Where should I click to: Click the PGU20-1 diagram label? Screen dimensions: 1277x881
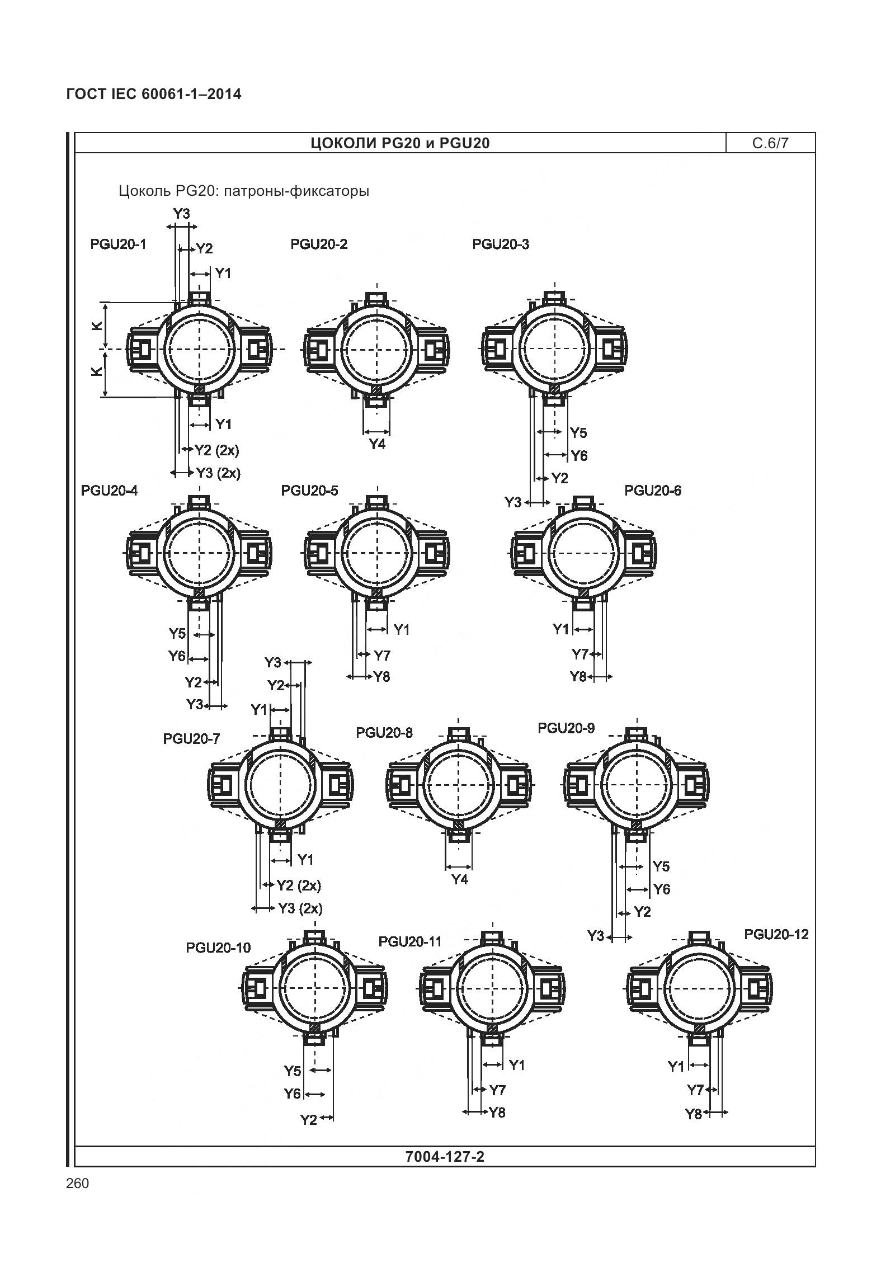[x=118, y=244]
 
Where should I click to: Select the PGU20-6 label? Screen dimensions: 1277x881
[x=653, y=491]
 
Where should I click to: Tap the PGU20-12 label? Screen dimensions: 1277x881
[x=776, y=935]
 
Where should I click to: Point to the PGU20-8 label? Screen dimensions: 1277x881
[x=384, y=733]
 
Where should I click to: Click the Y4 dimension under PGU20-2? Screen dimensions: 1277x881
[x=378, y=445]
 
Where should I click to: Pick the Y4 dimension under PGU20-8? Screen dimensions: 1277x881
[x=459, y=880]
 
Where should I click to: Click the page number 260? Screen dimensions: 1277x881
[x=77, y=1184]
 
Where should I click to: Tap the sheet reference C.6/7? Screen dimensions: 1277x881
[x=770, y=143]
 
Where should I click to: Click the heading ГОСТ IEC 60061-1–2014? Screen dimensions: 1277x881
[x=154, y=94]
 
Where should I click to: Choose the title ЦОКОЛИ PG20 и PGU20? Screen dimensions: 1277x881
[x=400, y=144]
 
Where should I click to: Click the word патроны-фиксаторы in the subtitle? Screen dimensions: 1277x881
[x=295, y=191]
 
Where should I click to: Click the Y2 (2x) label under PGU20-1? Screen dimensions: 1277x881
[x=216, y=450]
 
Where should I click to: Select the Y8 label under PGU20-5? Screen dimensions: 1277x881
[x=381, y=677]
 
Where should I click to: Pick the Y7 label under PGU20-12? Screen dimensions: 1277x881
[x=695, y=1090]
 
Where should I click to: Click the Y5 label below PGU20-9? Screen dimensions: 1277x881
[x=661, y=866]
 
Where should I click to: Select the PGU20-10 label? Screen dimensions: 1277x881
[x=218, y=948]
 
